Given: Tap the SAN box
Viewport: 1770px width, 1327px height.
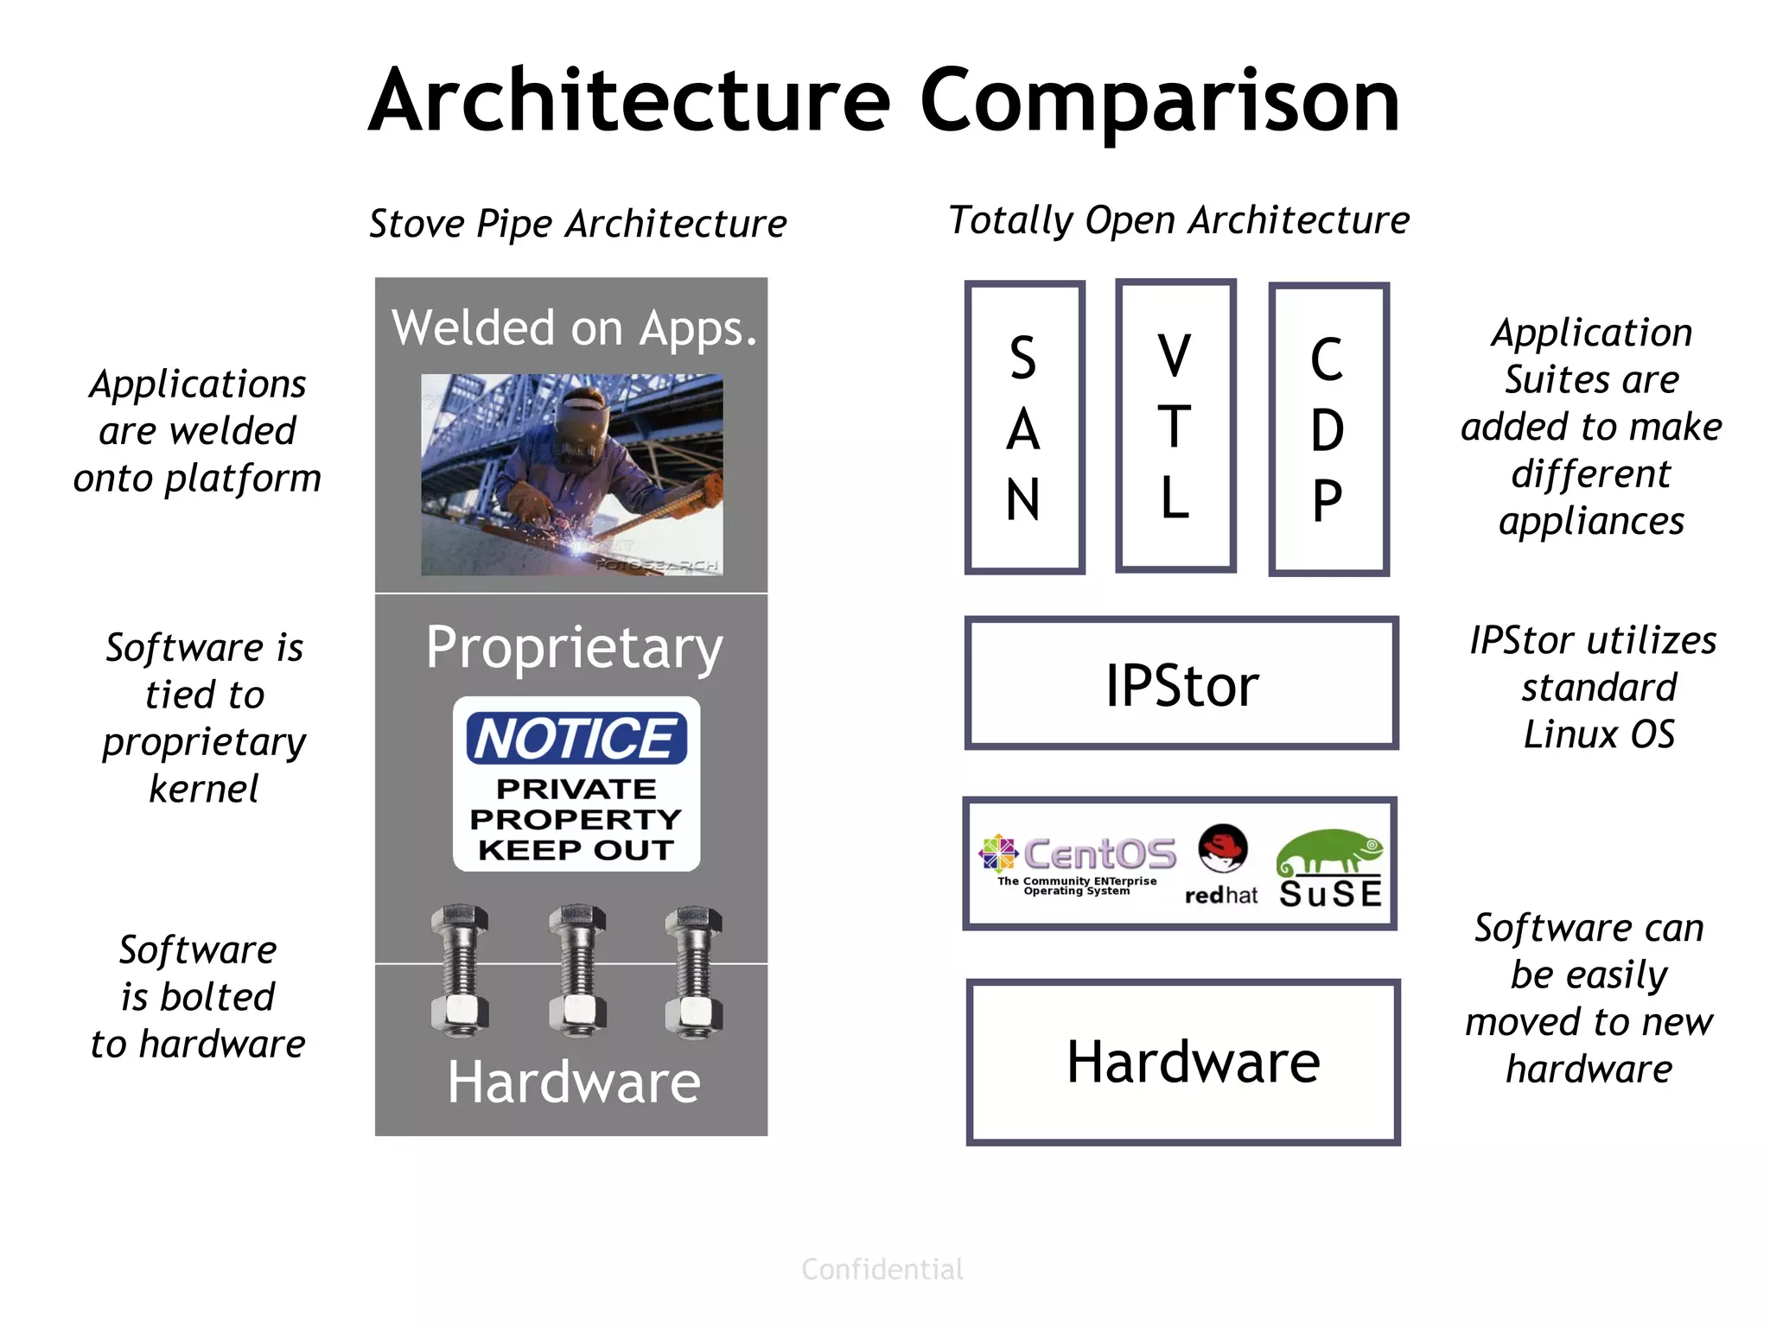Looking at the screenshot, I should [x=1024, y=428].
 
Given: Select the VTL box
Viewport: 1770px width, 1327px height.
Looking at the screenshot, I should [x=1175, y=426].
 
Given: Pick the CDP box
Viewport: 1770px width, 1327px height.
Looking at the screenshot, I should [x=1327, y=429].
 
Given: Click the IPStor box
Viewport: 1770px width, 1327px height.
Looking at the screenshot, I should [x=1181, y=683].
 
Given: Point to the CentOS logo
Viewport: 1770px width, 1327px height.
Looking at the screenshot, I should [x=1078, y=860].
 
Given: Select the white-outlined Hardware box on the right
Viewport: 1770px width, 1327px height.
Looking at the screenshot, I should [x=1182, y=1063].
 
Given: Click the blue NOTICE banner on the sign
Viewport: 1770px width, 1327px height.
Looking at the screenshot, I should [x=576, y=739].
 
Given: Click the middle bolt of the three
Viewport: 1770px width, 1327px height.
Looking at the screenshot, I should [x=576, y=970].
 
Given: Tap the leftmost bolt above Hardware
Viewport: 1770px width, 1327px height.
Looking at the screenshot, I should [x=460, y=970].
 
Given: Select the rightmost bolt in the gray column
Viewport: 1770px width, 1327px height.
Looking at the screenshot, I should [x=693, y=970].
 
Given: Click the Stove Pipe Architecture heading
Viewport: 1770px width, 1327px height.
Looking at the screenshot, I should [x=577, y=224].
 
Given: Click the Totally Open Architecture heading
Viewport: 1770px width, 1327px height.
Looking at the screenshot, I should [x=1179, y=220].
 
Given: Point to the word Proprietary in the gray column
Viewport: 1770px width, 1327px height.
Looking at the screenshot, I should [x=574, y=648].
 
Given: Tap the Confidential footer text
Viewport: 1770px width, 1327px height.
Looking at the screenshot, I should [x=882, y=1269].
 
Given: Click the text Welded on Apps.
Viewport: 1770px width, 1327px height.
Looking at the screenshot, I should [x=574, y=328].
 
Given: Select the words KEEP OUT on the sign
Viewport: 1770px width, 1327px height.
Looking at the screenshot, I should [x=576, y=850].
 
